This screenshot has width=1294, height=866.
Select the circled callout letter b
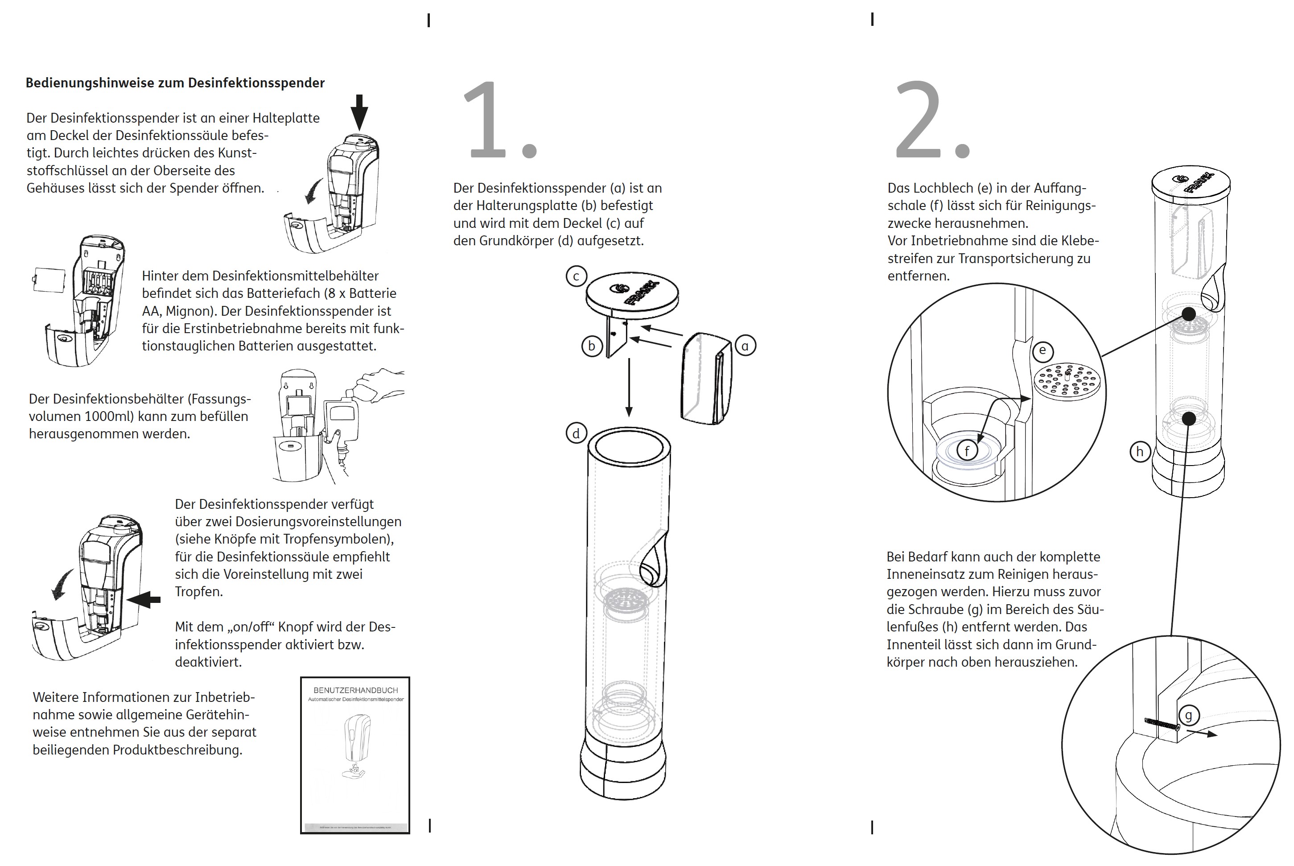[592, 346]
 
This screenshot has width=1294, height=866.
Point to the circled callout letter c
[576, 276]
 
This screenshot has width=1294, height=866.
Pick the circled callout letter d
[576, 433]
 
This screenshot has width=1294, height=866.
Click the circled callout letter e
[1042, 351]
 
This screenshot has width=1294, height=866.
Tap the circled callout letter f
[967, 451]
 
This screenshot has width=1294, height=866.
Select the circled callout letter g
[1188, 716]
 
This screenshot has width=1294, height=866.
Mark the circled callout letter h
[1140, 452]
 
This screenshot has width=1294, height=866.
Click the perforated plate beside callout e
[1067, 382]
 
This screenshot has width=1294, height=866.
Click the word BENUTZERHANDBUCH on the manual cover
[356, 690]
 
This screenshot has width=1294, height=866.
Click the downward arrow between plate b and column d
[629, 387]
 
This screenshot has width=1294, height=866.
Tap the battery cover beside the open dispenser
[49, 280]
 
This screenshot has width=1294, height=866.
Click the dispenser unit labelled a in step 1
[707, 378]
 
